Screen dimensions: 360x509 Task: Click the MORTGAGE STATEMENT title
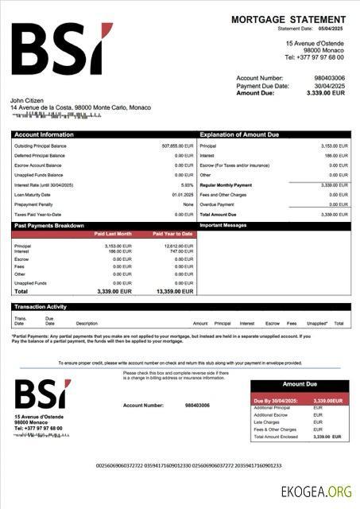pos(288,19)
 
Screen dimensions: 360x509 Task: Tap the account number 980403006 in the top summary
pos(328,78)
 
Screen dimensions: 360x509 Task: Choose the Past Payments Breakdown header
pos(49,226)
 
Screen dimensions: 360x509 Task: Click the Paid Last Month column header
pos(113,234)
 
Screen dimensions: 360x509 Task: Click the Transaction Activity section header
pos(41,306)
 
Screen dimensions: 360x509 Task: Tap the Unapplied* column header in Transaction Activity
pos(316,324)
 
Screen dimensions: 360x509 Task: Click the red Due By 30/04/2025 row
pos(300,400)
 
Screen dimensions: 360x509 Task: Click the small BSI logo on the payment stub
pos(41,394)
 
